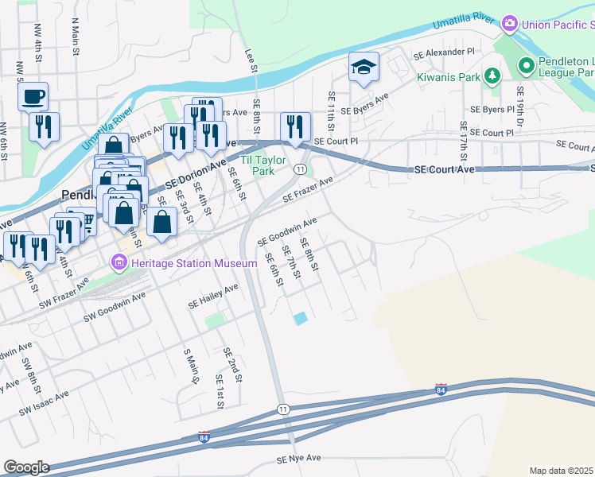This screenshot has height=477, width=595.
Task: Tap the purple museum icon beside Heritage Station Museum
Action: point(120,262)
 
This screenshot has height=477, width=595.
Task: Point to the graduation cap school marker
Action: point(364,67)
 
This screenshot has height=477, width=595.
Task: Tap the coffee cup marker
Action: point(33,97)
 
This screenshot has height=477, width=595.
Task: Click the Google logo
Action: point(26,467)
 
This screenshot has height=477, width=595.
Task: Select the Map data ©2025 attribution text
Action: point(561,471)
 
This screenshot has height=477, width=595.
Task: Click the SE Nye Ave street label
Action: point(298,459)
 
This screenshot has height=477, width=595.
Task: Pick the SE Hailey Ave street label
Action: point(212,297)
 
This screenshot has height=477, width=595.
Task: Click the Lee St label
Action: point(251,61)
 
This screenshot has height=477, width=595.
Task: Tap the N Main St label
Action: point(76,37)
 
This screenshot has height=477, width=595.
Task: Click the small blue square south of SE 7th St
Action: point(300,319)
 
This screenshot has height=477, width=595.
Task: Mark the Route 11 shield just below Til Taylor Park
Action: point(300,169)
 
